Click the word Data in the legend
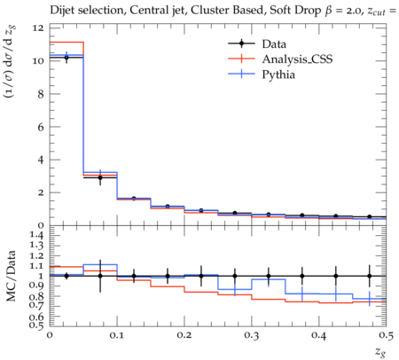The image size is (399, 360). (274, 44)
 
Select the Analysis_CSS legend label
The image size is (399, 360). (297, 59)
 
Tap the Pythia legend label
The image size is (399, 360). (278, 74)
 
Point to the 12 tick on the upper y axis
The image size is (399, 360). (39, 28)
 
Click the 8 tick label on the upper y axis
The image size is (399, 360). (41, 94)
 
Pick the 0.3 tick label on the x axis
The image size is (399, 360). (252, 335)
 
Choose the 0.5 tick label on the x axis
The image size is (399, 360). (387, 335)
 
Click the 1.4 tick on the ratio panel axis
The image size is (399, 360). (37, 235)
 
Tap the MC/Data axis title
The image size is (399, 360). (12, 276)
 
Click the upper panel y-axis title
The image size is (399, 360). (12, 61)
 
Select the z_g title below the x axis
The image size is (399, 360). (380, 351)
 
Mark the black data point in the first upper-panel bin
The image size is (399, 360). (66, 58)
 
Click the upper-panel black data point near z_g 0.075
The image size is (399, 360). (100, 177)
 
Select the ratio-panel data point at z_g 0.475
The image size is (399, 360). (370, 276)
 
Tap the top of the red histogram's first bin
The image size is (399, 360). (66, 43)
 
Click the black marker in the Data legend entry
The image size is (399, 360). (241, 43)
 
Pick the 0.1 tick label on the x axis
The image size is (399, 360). (117, 335)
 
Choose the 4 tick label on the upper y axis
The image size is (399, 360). (41, 160)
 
